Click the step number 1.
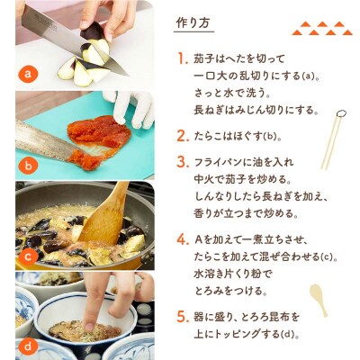(183, 58)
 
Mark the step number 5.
(183, 317)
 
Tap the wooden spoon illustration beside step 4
(319, 300)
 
